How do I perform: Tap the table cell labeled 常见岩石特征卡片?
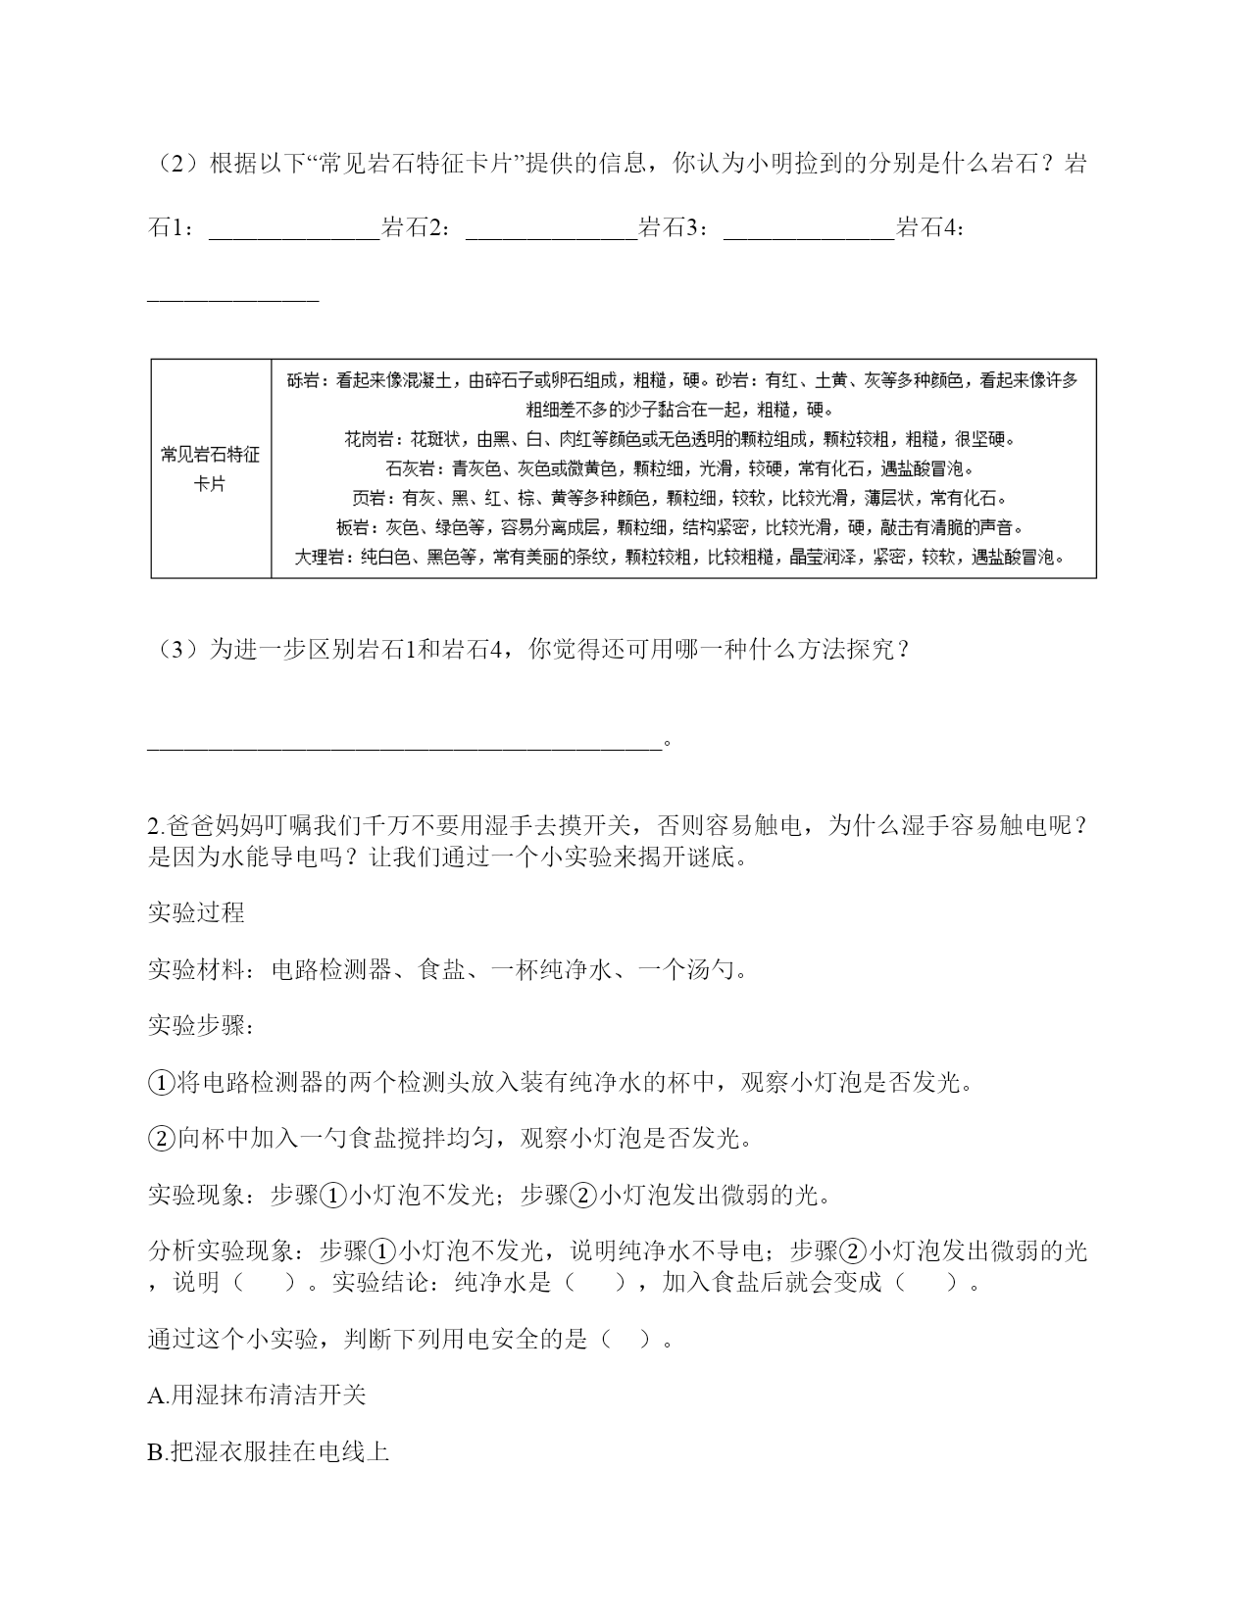pyautogui.click(x=211, y=468)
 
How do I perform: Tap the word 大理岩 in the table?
pyautogui.click(x=320, y=557)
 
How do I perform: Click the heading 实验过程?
pyautogui.click(x=196, y=912)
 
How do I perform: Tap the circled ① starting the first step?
pyautogui.click(x=161, y=1083)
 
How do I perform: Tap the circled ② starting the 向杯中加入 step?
pyautogui.click(x=161, y=1139)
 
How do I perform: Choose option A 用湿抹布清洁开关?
pyautogui.click(x=257, y=1395)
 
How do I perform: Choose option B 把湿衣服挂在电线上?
pyautogui.click(x=268, y=1451)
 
